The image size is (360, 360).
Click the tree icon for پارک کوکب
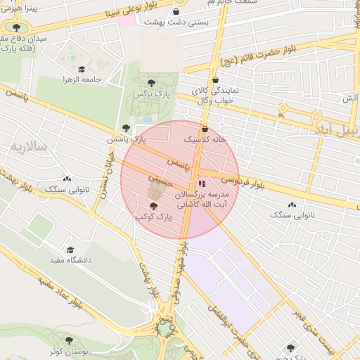(154, 206)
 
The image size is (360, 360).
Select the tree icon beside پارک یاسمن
(126, 128)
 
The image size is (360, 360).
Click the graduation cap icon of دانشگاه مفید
(70, 250)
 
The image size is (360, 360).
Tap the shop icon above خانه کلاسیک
(205, 129)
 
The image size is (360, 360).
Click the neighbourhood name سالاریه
(27, 147)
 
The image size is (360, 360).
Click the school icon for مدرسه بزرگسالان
(202, 184)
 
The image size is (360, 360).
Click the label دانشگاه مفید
(70, 260)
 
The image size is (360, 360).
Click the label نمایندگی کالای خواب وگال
(212, 96)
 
